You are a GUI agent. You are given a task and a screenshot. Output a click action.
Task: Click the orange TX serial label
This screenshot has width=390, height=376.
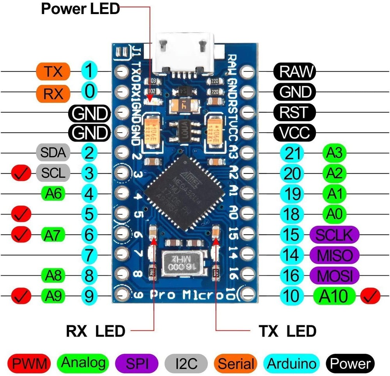pos(53,71)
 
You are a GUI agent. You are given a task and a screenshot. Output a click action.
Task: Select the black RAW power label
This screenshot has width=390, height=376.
pos(294,71)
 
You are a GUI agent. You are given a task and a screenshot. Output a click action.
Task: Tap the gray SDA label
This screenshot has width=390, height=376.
pos(53,153)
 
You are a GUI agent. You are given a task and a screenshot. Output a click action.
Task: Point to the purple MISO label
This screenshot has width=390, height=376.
pos(334,255)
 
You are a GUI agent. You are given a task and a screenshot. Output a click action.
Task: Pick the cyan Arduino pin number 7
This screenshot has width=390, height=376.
pos(90,255)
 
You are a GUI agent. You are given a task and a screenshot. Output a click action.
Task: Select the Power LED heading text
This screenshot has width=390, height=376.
pos(80,9)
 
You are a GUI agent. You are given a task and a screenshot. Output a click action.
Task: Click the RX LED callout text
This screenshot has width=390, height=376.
pos(96,331)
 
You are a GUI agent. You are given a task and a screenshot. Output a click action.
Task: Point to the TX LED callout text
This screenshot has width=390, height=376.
pos(287,331)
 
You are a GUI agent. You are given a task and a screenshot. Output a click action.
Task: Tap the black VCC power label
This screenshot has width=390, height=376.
pos(294,133)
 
